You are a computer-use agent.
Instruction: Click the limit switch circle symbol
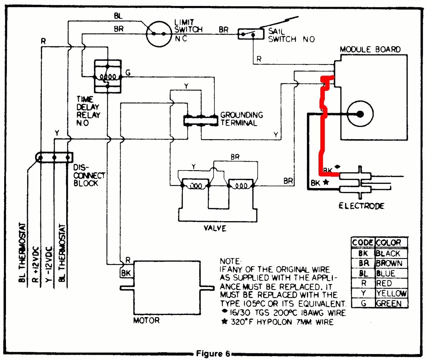tap(159, 34)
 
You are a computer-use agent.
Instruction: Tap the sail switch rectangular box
tap(251, 34)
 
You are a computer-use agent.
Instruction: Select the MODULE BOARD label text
tap(370, 50)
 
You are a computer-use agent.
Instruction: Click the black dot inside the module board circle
tap(360, 114)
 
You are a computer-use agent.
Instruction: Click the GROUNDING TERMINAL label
tap(241, 119)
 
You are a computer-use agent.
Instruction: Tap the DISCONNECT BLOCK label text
tap(89, 175)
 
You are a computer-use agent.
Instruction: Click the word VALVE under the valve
tap(215, 228)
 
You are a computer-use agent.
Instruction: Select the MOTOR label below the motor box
tap(146, 321)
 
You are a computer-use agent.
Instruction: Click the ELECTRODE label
tap(361, 206)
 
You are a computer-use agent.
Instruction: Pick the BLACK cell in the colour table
tap(391, 253)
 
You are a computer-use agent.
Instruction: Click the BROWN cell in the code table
tap(391, 263)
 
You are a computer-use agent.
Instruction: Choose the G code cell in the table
tap(363, 303)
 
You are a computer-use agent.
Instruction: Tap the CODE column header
tap(363, 243)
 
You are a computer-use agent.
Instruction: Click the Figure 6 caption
tap(213, 353)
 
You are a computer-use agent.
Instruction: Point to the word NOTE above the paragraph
tap(230, 261)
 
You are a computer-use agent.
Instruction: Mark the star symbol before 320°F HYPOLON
tap(224, 322)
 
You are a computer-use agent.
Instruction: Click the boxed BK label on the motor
tap(126, 273)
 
